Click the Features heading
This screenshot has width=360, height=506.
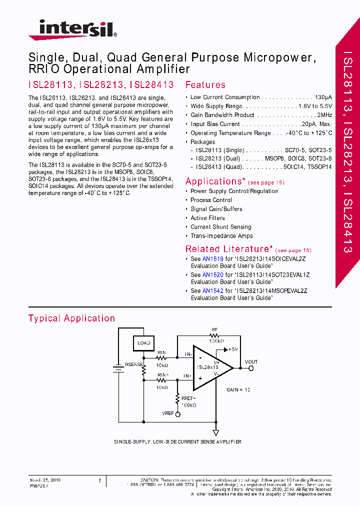coord(205,85)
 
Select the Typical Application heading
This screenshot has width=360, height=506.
coord(71,318)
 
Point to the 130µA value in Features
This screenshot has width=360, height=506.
coord(323,97)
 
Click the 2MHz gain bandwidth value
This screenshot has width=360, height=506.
coord(324,115)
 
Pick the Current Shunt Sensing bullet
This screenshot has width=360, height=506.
coord(220,227)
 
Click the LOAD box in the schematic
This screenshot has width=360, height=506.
coord(143,343)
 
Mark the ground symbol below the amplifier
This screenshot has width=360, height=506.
coord(216,433)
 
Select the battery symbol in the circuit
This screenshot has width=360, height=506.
coord(118,369)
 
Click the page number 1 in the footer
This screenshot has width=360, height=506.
coord(99,480)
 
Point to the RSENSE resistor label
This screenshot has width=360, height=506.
coord(132,364)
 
